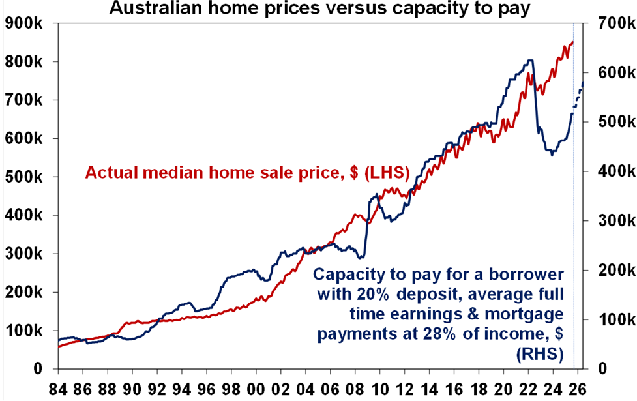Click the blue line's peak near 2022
pyautogui.click(x=530, y=61)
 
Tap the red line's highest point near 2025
pyautogui.click(x=572, y=42)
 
